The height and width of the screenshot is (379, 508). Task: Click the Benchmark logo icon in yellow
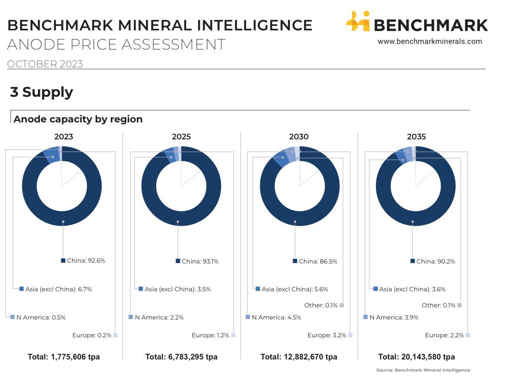[358, 22]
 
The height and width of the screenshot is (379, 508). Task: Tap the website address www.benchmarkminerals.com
[429, 42]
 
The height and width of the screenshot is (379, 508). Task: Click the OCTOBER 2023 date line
[45, 64]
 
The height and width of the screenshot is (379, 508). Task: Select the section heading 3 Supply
[42, 92]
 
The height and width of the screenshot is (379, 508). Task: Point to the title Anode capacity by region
[78, 119]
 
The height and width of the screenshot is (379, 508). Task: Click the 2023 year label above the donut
[63, 137]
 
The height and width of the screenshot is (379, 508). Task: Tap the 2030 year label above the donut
[299, 137]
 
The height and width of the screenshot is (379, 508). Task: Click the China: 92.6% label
[86, 261]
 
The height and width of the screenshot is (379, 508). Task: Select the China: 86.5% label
[317, 261]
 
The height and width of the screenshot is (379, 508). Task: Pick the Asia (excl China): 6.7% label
[58, 289]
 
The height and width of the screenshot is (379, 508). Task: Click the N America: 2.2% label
[159, 317]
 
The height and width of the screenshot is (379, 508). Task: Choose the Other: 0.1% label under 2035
[439, 305]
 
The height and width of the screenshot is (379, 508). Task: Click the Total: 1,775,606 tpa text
[64, 357]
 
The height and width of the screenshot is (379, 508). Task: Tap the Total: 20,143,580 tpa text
[416, 357]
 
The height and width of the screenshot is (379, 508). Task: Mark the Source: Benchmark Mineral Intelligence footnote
[423, 370]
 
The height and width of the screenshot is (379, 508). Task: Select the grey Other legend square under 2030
[342, 305]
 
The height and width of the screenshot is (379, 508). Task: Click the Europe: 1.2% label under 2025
[210, 335]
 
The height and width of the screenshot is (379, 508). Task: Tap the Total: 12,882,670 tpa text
[299, 357]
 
